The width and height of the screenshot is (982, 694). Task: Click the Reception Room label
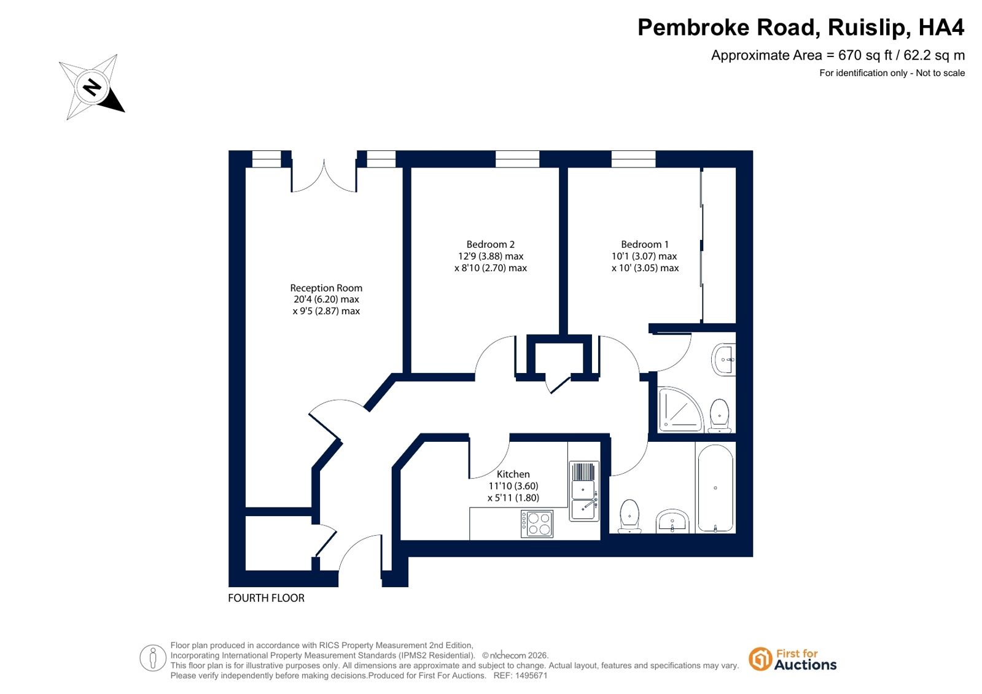326,288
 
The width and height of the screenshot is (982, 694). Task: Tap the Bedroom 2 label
490,244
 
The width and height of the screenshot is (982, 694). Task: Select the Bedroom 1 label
644,244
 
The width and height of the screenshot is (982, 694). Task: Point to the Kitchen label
513,474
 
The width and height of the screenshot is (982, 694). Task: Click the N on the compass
92,87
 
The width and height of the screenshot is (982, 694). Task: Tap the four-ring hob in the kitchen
537,523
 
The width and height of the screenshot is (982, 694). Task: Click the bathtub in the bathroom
715,488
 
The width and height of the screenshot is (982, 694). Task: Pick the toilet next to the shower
719,415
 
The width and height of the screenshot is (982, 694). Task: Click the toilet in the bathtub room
629,516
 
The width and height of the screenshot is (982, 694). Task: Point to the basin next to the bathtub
672,522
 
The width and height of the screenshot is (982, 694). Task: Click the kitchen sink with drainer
584,491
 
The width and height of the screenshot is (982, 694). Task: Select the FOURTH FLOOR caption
266,598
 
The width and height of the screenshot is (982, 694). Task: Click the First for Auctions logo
793,660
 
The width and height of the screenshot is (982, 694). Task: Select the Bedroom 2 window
517,158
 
